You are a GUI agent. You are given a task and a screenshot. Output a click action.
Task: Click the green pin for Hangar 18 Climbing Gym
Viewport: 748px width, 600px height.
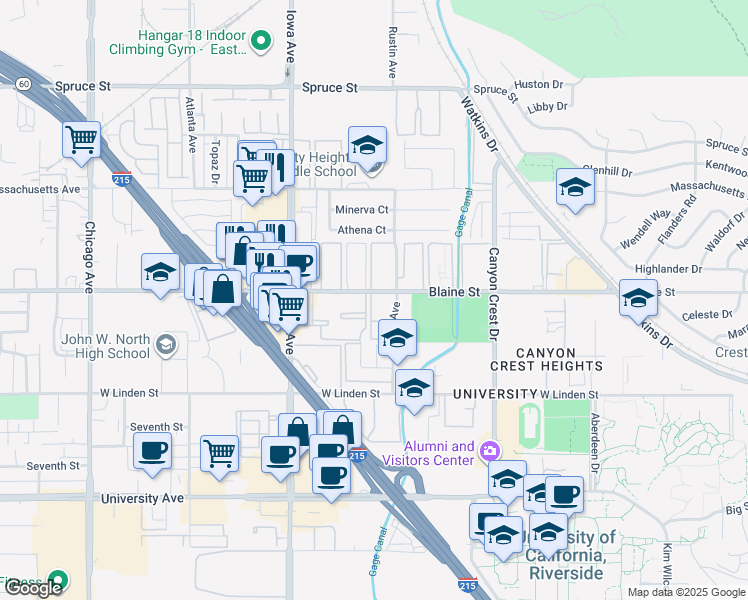261,41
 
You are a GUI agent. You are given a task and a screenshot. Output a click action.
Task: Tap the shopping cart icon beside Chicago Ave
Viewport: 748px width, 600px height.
81,139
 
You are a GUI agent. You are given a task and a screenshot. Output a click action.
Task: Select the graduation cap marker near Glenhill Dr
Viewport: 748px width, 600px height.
575,188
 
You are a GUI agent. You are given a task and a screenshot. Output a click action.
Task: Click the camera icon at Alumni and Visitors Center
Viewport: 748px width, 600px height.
490,450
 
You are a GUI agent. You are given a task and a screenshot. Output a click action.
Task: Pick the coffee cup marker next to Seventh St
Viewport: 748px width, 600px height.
152,451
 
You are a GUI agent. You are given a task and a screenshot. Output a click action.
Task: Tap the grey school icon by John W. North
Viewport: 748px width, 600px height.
166,345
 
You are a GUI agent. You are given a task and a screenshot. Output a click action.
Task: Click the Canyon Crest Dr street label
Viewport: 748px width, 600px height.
492,293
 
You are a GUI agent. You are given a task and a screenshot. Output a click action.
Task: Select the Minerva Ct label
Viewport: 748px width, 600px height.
361,210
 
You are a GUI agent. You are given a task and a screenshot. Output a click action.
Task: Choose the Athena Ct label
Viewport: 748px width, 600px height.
362,230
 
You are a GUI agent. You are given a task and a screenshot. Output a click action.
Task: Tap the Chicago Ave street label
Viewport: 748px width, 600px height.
89,256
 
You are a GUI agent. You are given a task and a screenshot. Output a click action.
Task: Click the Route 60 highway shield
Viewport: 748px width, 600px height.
23,85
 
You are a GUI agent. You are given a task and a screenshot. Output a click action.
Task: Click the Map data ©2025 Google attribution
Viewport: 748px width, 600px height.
686,592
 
